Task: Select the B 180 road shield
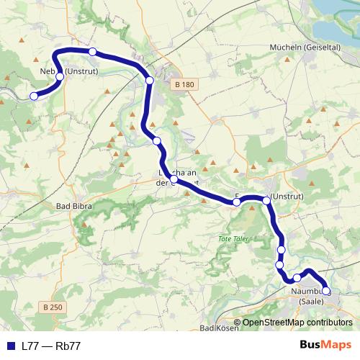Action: point(184,85)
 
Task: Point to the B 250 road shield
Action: point(53,307)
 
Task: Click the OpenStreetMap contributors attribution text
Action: point(297,323)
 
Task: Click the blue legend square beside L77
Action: point(9,346)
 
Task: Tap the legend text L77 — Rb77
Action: point(51,346)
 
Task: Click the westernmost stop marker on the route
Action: point(33,96)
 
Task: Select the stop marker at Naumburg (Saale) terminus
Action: point(326,291)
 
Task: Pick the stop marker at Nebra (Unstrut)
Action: point(60,76)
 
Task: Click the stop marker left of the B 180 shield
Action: point(150,81)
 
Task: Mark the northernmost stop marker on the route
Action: point(92,51)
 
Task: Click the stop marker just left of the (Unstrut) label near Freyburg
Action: point(266,199)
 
